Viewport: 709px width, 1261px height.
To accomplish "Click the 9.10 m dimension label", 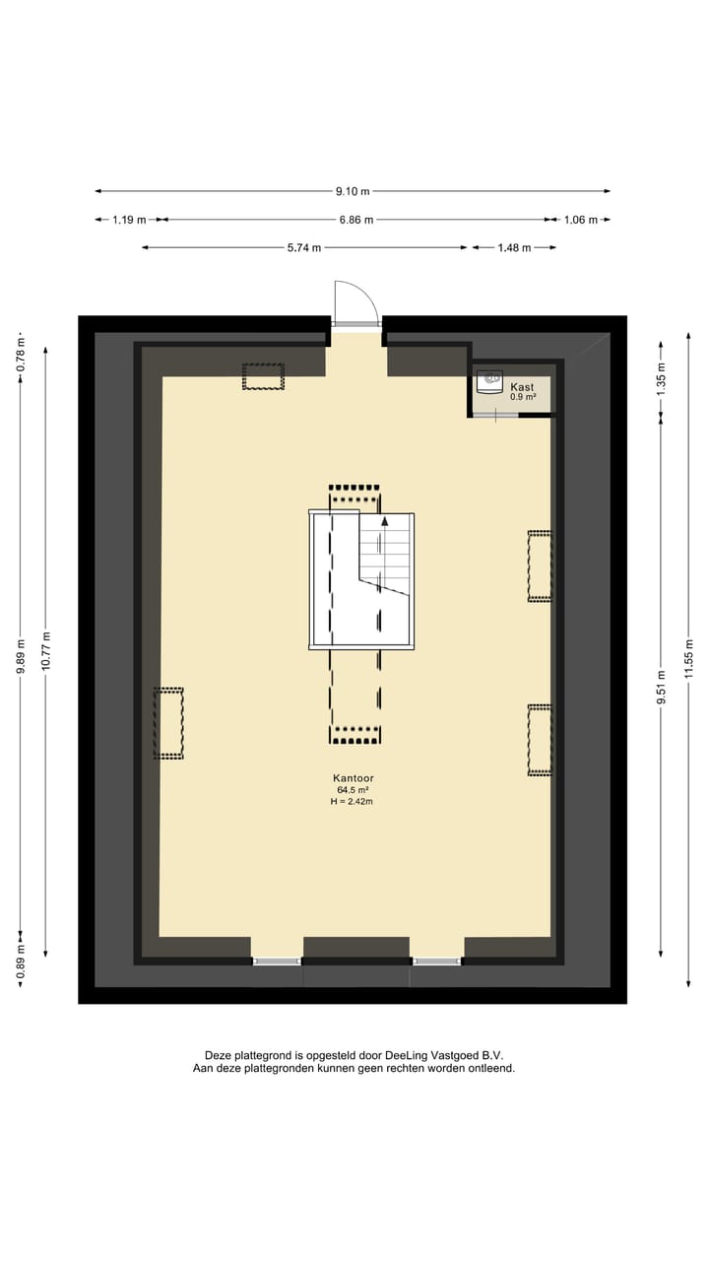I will click(x=352, y=191).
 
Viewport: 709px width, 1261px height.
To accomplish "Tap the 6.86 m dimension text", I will click(x=355, y=220).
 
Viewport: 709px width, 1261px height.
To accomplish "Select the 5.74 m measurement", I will click(x=304, y=248).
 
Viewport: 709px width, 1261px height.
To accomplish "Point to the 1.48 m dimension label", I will click(x=514, y=248).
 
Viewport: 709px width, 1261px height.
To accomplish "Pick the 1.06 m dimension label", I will click(x=580, y=220).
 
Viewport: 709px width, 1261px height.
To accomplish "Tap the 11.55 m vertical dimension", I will click(x=689, y=660).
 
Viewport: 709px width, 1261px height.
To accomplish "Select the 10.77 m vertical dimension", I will click(x=45, y=650).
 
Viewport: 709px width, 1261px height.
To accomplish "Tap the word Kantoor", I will click(x=354, y=778).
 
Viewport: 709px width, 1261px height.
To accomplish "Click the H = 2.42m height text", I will click(x=352, y=802).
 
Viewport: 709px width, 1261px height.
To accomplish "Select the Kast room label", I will click(x=522, y=387).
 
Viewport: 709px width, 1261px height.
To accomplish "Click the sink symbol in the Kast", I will click(x=489, y=381).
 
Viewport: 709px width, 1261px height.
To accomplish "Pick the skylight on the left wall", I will click(x=168, y=723).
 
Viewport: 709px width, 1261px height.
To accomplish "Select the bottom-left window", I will click(x=277, y=961).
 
